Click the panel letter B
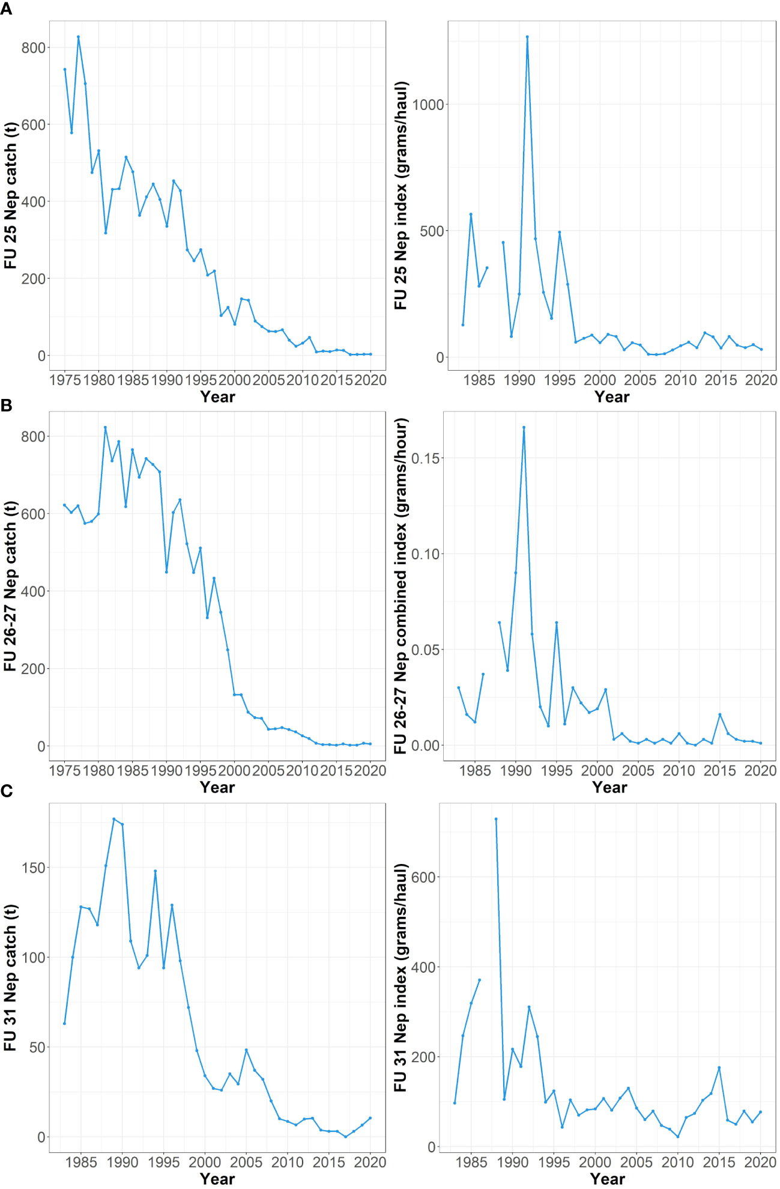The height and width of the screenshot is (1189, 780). (6, 406)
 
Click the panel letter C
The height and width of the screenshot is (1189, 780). (6, 791)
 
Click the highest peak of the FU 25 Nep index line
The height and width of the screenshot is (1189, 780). (527, 37)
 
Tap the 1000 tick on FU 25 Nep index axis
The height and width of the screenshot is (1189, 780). (428, 105)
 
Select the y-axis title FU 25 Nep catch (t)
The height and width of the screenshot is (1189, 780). (11, 196)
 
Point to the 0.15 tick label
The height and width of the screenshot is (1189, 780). (425, 458)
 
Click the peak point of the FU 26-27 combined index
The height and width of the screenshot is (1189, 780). (524, 427)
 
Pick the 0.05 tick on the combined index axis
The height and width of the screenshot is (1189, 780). (425, 649)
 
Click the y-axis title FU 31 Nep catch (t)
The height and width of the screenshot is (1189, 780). (11, 978)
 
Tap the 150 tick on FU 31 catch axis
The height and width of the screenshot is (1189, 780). (33, 868)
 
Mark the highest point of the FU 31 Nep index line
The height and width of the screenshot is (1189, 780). (496, 819)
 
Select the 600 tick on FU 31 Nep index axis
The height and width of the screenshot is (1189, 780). (423, 877)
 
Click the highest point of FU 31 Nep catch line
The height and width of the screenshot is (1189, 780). (113, 819)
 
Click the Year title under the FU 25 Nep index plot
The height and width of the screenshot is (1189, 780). (612, 397)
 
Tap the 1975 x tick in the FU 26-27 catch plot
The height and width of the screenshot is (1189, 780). (64, 770)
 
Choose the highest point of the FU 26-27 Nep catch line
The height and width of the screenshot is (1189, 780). (105, 427)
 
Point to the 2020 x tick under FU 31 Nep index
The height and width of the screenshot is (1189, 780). (760, 1162)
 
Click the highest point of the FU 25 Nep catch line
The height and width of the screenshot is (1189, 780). (78, 37)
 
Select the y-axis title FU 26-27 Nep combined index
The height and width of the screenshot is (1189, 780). (401, 586)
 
